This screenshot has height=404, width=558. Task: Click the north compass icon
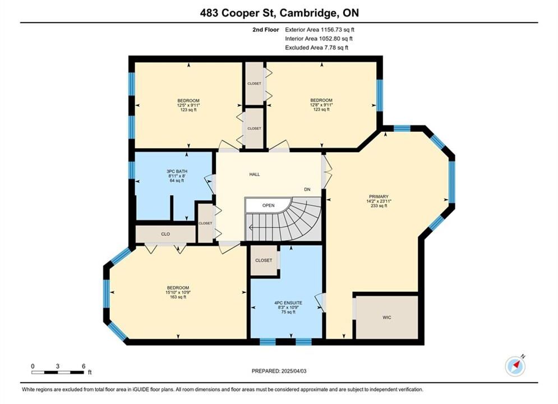coord(515,365)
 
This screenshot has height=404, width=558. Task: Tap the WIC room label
coord(387,317)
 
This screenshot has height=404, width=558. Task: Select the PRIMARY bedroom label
coord(379,196)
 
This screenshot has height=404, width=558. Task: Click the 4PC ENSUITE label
coord(288,303)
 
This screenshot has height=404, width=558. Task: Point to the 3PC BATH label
coord(177,171)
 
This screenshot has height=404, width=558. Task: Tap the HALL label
coord(255,175)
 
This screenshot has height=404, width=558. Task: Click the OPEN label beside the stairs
coord(268,205)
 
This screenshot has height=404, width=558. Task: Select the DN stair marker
coord(307,189)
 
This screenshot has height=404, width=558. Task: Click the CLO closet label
coord(165,234)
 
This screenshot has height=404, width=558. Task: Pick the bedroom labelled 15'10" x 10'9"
coord(178,292)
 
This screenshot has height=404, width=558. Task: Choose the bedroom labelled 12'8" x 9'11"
coord(321,105)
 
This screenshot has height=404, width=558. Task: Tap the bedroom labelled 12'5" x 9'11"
coord(188,105)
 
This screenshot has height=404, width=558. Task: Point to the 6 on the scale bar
coord(84,366)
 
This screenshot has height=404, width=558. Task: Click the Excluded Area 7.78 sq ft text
coord(317,47)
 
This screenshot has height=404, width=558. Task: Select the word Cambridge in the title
coord(308,13)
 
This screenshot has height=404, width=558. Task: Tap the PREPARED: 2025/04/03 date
coord(279,371)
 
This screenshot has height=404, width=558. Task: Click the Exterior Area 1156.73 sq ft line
coord(320,30)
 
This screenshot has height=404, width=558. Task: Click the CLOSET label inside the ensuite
coord(264,260)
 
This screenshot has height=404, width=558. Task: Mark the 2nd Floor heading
coord(266,30)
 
